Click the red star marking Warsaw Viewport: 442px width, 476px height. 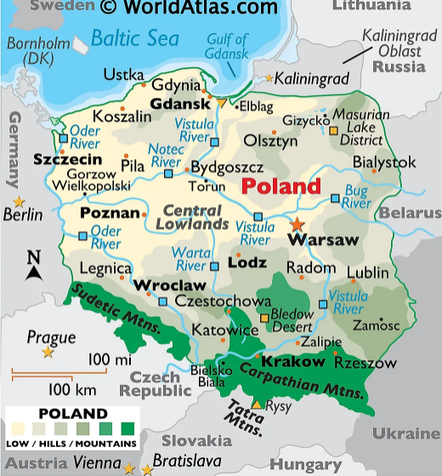click(297, 224)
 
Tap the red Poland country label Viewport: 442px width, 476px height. click(281, 186)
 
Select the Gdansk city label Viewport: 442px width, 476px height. click(179, 104)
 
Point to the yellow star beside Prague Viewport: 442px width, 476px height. click(48, 352)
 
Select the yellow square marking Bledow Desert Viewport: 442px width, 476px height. click(264, 319)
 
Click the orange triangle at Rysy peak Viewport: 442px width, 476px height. click(256, 404)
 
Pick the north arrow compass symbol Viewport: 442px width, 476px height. click(33, 266)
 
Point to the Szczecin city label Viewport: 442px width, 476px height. click(67, 159)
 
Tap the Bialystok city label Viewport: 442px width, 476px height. click(384, 161)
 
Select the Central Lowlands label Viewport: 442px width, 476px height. click(195, 217)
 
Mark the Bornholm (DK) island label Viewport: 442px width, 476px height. click(37, 51)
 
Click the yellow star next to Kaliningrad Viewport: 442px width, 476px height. click(270, 78)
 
